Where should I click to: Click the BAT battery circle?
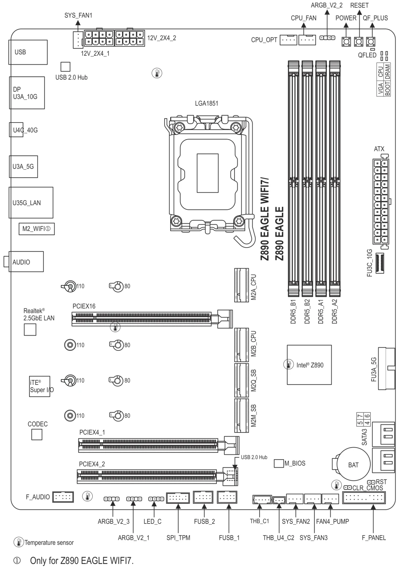(353, 465)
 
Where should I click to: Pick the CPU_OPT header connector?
(288, 40)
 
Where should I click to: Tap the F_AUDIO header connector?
(62, 497)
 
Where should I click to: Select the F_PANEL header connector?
(364, 498)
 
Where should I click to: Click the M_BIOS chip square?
(278, 463)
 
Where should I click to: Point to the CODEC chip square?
(37, 435)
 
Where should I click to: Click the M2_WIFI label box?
(37, 229)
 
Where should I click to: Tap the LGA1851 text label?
(207, 103)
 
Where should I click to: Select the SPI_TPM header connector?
(177, 499)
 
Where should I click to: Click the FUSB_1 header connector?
(228, 497)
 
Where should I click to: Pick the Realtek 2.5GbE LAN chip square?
(30, 330)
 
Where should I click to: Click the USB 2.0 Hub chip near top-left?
(65, 67)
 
